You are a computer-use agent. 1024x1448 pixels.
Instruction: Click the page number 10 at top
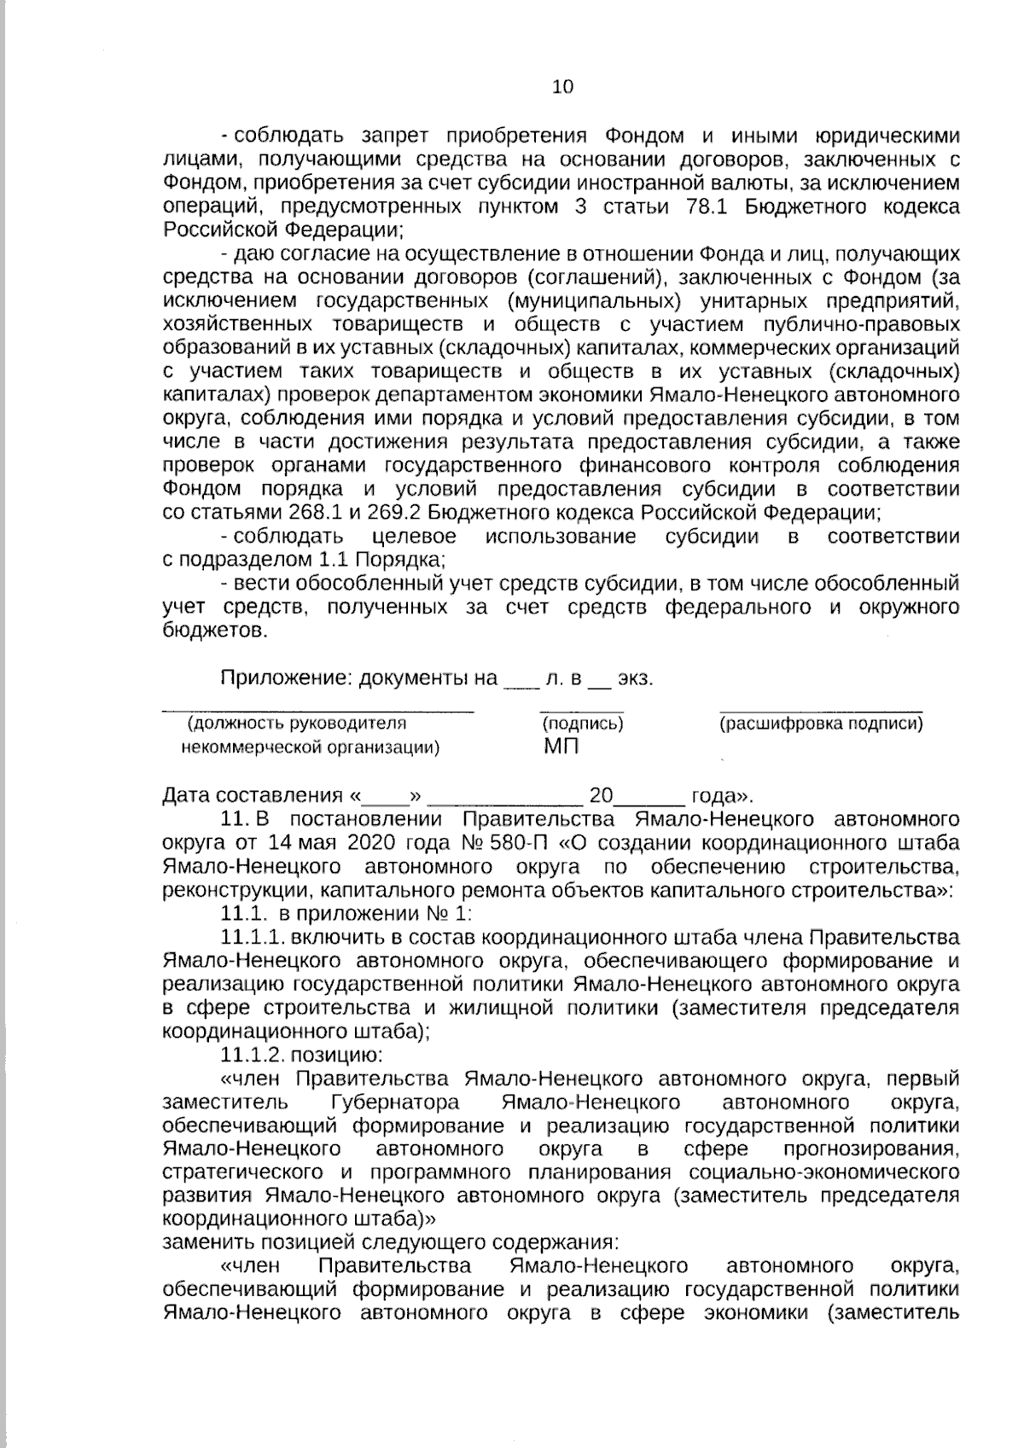(563, 86)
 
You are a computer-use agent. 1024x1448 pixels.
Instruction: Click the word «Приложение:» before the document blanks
(286, 679)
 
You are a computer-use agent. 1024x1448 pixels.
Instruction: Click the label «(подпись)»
(583, 724)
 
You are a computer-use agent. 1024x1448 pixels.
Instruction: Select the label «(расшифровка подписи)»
(821, 724)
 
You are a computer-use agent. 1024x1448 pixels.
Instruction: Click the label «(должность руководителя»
(296, 724)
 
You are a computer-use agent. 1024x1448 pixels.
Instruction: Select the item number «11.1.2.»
(253, 1055)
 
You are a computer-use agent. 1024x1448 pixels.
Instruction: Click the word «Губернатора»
(395, 1101)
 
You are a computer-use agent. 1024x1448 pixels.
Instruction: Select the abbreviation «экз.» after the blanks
(635, 679)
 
